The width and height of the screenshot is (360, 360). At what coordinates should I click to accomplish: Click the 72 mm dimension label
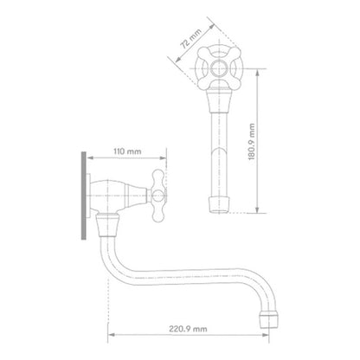click(x=190, y=39)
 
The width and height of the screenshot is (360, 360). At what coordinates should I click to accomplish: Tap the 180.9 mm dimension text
click(x=252, y=142)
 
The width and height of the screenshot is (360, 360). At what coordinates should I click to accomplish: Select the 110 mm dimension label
click(x=127, y=151)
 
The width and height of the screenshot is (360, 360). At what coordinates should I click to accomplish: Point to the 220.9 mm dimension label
click(x=188, y=329)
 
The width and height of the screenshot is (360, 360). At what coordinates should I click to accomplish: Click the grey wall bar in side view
click(x=84, y=196)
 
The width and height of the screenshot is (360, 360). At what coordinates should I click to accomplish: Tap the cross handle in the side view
click(x=158, y=196)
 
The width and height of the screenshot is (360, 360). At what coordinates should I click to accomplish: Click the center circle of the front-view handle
click(x=219, y=68)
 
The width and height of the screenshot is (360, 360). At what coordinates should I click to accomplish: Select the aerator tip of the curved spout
click(x=269, y=319)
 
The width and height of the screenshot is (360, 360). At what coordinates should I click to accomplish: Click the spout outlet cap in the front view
click(x=219, y=204)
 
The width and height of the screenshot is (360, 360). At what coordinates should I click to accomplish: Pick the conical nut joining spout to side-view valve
click(x=107, y=225)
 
